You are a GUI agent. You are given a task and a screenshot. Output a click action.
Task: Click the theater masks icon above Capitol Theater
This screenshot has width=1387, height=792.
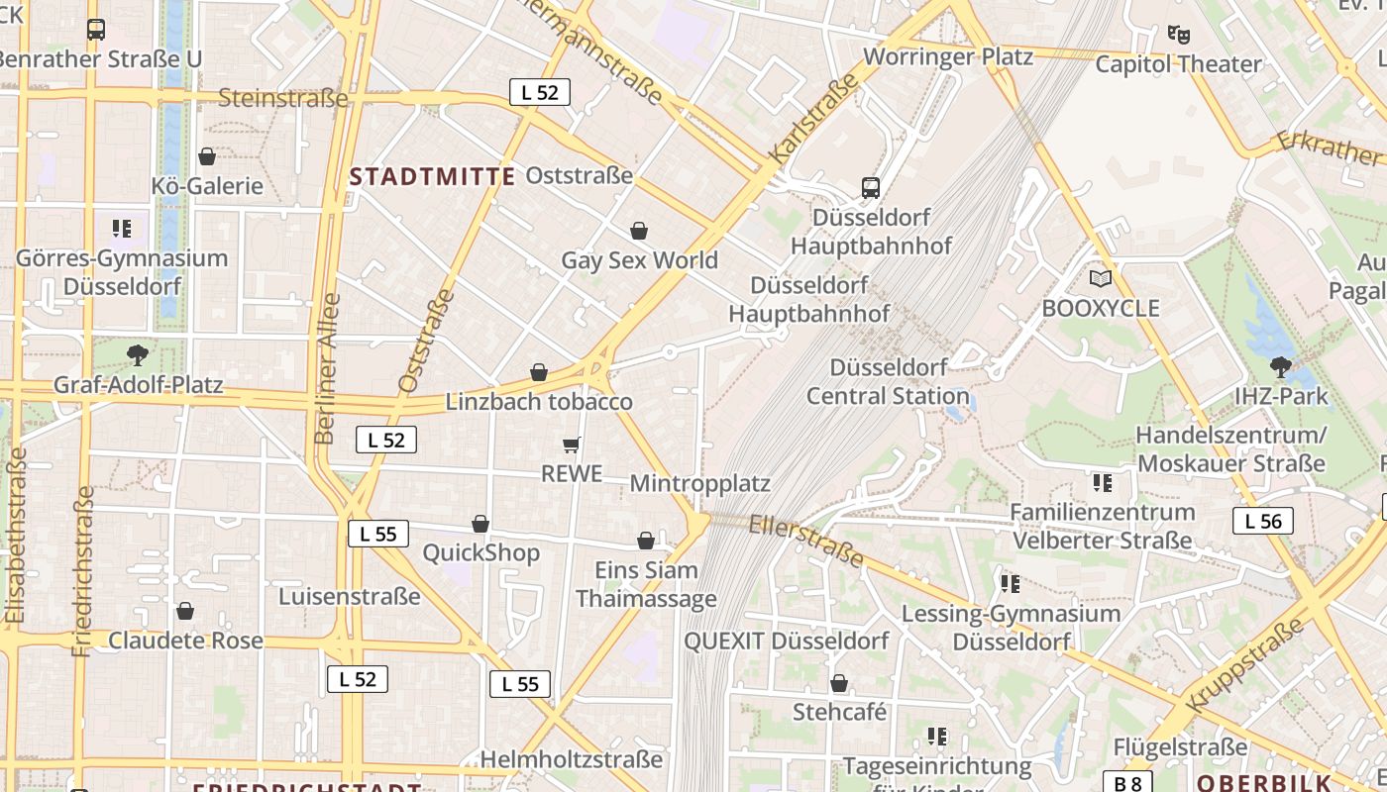1178,35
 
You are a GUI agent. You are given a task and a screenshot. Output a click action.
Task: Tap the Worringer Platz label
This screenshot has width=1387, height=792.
948,56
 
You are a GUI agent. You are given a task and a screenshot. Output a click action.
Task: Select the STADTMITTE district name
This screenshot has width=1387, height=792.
433,177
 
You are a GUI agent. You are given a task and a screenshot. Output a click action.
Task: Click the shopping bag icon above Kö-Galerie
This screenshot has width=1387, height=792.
207,156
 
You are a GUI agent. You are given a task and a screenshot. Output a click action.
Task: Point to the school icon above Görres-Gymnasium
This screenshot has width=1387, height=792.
122,230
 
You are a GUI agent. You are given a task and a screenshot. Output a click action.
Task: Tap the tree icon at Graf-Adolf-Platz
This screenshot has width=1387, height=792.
138,354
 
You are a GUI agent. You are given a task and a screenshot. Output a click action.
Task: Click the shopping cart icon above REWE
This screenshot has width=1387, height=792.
571,445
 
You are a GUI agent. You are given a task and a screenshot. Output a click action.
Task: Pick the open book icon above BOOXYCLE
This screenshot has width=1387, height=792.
1100,279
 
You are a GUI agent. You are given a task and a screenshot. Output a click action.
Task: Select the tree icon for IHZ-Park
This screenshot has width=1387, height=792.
1280,367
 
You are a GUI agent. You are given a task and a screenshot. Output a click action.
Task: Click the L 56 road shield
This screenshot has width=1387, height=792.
1263,521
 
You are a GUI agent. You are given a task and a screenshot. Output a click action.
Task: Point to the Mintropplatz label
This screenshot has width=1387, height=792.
699,484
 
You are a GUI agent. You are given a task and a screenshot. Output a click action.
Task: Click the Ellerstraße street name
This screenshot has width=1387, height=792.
806,540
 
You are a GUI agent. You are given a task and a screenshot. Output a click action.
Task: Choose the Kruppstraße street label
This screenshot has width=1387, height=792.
1245,664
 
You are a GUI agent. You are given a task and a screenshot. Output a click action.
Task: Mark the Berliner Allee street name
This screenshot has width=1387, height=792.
326,368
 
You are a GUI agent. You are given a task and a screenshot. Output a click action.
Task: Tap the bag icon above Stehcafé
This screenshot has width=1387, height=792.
839,683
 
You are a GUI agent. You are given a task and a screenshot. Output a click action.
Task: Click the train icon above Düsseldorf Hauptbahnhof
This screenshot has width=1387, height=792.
870,187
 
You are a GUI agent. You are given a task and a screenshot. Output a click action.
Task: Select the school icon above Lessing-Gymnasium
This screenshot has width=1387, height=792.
1010,584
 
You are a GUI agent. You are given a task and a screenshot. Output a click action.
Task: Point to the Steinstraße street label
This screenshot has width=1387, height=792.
282,98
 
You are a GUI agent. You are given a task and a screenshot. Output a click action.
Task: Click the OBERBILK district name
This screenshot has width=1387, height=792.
1263,783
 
